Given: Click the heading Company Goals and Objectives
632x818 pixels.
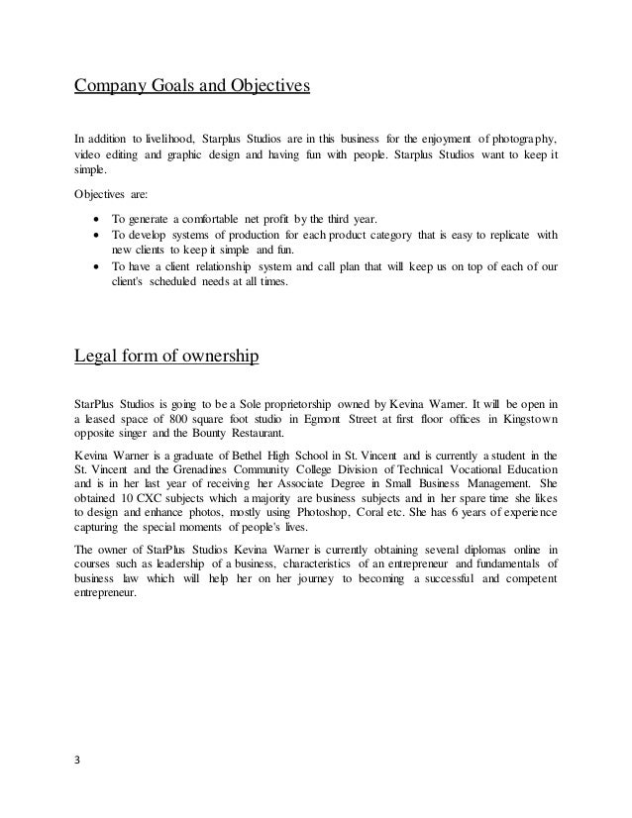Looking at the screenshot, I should coord(193,85).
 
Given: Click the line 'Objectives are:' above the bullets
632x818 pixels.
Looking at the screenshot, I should coord(110,195).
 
